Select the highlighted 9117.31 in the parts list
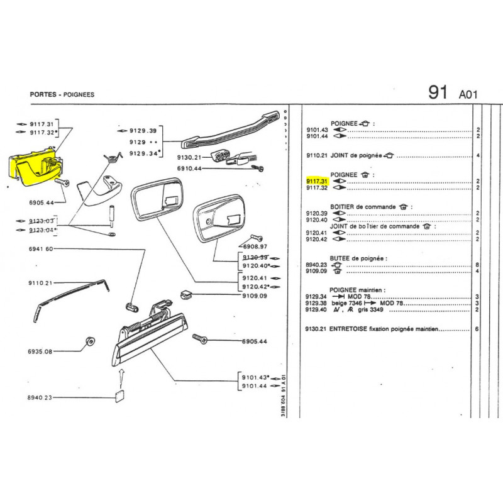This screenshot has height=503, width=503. (x=316, y=181)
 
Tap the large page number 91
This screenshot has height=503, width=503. (x=438, y=92)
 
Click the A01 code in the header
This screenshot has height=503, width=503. (x=468, y=95)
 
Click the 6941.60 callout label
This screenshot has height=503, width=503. (x=41, y=249)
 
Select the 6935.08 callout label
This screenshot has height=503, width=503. (x=41, y=351)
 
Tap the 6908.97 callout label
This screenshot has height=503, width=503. (x=255, y=247)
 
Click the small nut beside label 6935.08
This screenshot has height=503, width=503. (x=89, y=343)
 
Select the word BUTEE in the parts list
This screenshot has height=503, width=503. (x=343, y=258)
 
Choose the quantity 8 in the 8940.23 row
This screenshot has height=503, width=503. (x=478, y=265)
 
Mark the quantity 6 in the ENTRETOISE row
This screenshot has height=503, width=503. (x=478, y=329)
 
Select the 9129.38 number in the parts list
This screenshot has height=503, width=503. (x=316, y=303)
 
